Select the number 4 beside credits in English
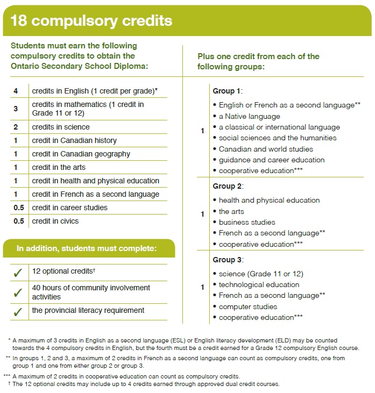click(16, 91)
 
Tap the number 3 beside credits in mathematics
click(16, 109)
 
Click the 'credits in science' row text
click(61, 127)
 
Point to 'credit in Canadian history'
click(74, 140)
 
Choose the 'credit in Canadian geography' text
click(81, 154)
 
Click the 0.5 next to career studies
click(18, 208)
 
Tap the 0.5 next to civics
click(18, 221)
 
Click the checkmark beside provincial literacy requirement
click(18, 311)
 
